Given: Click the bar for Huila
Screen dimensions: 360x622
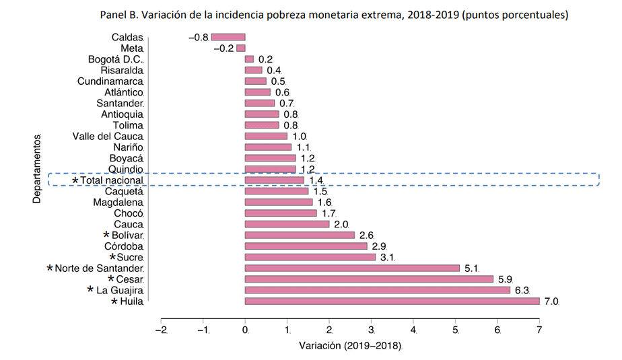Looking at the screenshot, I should coord(392,301).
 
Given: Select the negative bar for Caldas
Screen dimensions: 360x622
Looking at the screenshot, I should coord(228,38).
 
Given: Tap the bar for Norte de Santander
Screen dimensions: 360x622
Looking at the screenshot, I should coord(352,268).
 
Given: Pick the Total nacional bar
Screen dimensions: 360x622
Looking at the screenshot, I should coord(274,180).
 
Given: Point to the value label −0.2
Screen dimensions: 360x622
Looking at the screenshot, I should coord(222,48).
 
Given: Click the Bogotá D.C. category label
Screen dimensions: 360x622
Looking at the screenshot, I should coord(116,59).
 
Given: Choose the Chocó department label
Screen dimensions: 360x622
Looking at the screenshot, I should coord(129,213).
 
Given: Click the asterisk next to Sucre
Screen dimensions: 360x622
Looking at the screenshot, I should coord(112,257).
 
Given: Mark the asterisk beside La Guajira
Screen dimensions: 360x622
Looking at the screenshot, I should coord(91,290).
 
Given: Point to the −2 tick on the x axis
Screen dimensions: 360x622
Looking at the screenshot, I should coord(161,330).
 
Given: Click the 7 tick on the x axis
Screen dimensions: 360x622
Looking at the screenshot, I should coord(539,330).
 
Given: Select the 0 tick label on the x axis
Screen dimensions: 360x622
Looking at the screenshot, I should coord(245,330).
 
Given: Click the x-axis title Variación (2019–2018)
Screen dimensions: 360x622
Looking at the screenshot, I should coord(350,346).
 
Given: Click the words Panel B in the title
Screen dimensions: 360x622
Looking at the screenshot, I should coord(120,14).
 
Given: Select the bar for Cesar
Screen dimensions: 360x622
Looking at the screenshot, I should coord(369,279).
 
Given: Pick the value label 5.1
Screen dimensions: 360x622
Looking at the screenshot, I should coord(472,268).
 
